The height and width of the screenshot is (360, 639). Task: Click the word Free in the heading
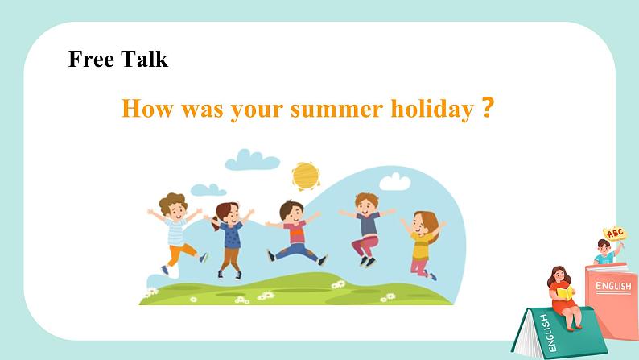point(91,59)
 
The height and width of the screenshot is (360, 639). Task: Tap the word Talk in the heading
point(144,59)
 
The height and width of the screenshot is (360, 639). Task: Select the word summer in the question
point(336,110)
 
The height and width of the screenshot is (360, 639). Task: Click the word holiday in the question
point(432,109)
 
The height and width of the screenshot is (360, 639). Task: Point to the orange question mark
point(488,107)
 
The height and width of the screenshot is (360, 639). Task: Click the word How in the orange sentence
point(147,109)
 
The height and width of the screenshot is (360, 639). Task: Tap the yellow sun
point(306,176)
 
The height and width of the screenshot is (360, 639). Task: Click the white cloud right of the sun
point(395,182)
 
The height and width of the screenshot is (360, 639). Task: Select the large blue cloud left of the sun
point(252,159)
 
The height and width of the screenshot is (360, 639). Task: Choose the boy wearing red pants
point(367,230)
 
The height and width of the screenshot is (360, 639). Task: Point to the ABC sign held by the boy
point(615,234)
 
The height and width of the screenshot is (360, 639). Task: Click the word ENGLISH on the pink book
point(613,286)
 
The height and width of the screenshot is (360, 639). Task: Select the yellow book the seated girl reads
point(564,293)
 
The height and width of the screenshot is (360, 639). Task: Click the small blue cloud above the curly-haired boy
point(208,189)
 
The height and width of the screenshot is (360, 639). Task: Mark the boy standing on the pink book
point(605,251)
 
